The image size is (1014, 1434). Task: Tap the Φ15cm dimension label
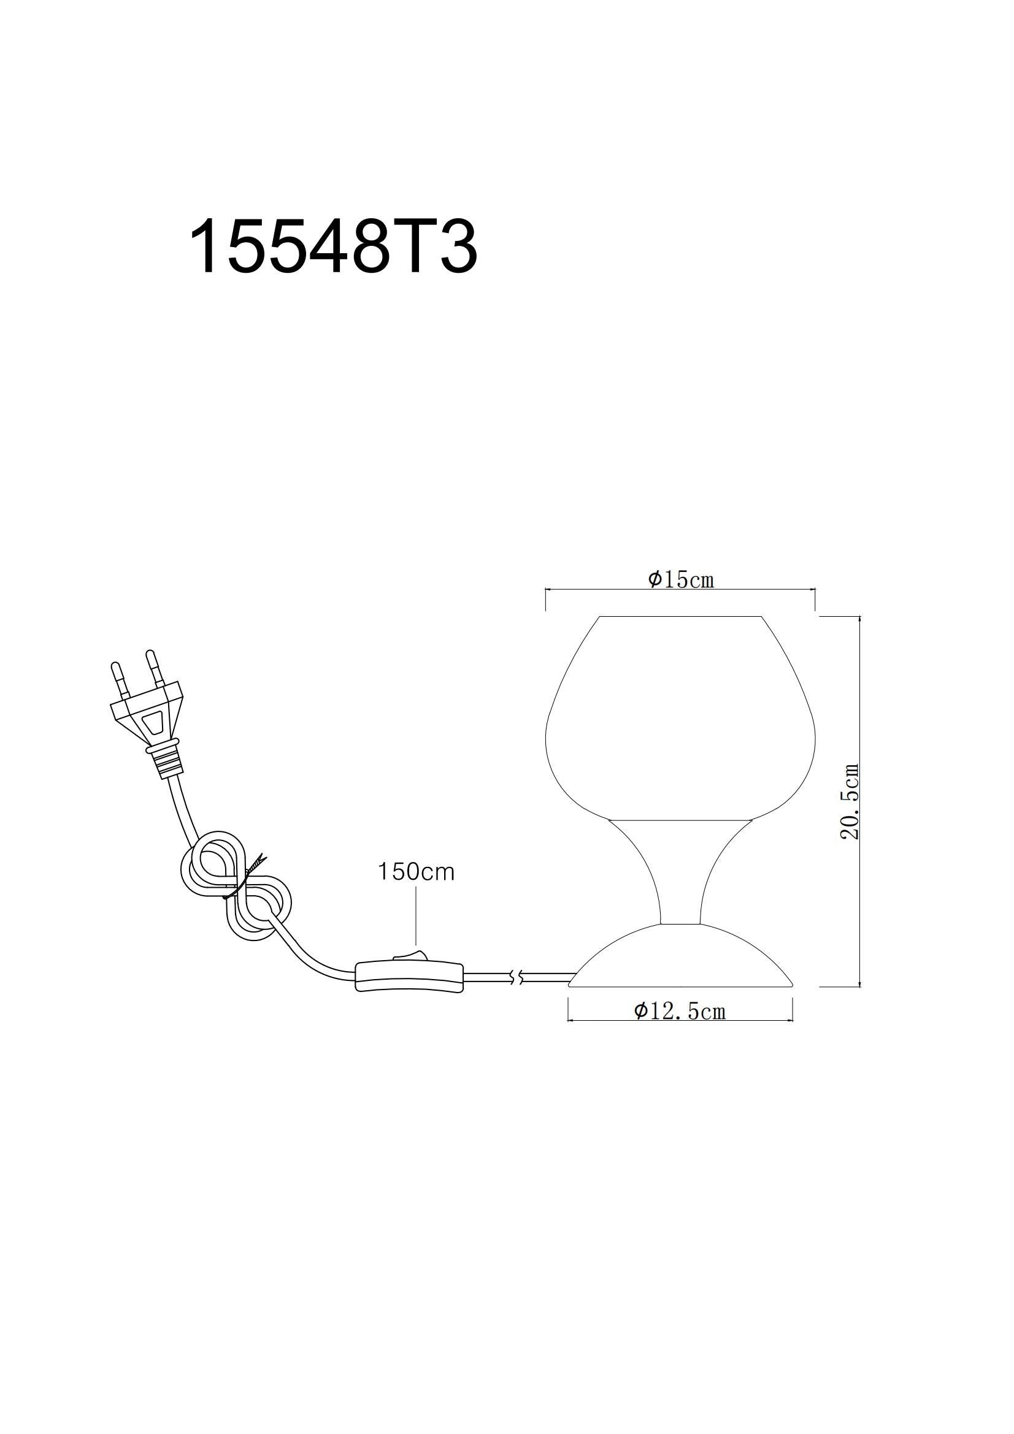pyautogui.click(x=681, y=579)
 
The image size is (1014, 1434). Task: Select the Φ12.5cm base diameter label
pyautogui.click(x=680, y=1011)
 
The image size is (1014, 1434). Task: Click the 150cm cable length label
pyautogui.click(x=415, y=872)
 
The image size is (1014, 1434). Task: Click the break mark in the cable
pyautogui.click(x=515, y=978)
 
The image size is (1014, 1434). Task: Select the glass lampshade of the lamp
pyautogui.click(x=680, y=719)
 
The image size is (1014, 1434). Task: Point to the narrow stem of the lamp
pyautogui.click(x=680, y=874)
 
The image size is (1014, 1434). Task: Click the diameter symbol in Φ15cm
pyautogui.click(x=654, y=579)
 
